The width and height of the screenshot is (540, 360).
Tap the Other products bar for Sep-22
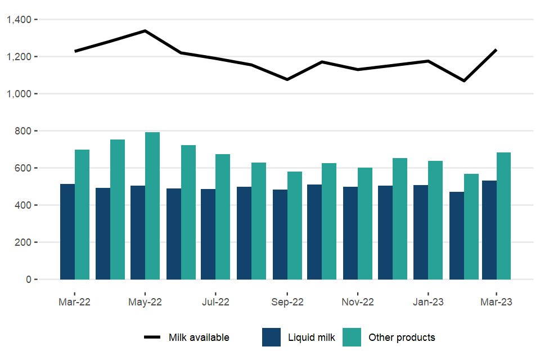coord(295,226)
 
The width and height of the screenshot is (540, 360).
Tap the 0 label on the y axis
coord(29,280)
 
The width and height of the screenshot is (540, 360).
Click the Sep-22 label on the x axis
coord(287,302)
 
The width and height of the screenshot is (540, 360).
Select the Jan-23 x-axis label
coord(428,302)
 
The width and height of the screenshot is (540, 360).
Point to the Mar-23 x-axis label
coord(496,302)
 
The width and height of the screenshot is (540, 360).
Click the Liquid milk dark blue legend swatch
coord(272,337)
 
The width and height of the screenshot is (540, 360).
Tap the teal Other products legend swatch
coord(352,337)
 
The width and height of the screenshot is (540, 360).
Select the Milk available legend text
coord(199,337)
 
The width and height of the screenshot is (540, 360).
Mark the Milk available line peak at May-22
coord(145,31)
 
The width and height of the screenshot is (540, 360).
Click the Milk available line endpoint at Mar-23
coord(496,50)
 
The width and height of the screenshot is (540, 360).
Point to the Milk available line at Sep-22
coord(287,79)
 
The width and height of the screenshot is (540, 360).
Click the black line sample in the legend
coord(152,337)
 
